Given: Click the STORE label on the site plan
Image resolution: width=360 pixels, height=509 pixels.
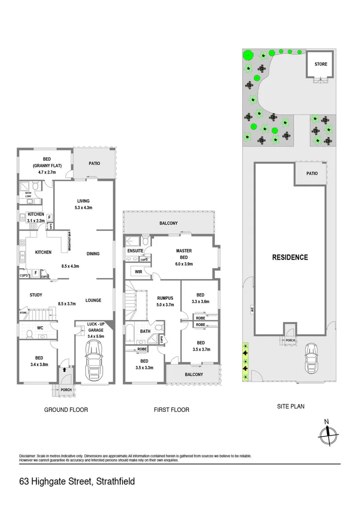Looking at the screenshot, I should [x=321, y=64].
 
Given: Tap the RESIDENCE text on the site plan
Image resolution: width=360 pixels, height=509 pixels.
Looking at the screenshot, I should [x=290, y=257].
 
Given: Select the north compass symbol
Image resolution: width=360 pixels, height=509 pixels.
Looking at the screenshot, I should [x=327, y=432].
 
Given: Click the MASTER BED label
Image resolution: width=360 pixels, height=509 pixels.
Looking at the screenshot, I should [x=183, y=254].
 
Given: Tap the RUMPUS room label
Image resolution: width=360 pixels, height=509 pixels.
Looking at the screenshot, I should [x=165, y=298].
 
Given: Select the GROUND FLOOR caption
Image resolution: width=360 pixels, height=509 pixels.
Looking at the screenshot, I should [x=66, y=410].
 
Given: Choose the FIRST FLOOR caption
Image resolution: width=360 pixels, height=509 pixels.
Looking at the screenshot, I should [x=172, y=410].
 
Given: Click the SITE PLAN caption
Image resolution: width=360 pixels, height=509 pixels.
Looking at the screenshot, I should [x=290, y=406].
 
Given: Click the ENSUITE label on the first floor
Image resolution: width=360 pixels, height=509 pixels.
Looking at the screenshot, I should [x=135, y=251].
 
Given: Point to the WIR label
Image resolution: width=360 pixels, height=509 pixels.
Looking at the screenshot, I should [x=139, y=272].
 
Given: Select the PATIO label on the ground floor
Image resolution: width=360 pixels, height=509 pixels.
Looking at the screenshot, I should [x=95, y=164].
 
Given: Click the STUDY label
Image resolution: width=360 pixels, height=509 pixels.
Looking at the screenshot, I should [x=36, y=296].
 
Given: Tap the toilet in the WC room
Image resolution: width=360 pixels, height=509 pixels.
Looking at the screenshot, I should [x=30, y=334].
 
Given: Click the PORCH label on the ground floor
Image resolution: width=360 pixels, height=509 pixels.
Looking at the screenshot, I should [x=66, y=390].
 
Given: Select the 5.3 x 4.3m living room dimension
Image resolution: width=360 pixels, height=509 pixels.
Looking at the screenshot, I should [x=83, y=208].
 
